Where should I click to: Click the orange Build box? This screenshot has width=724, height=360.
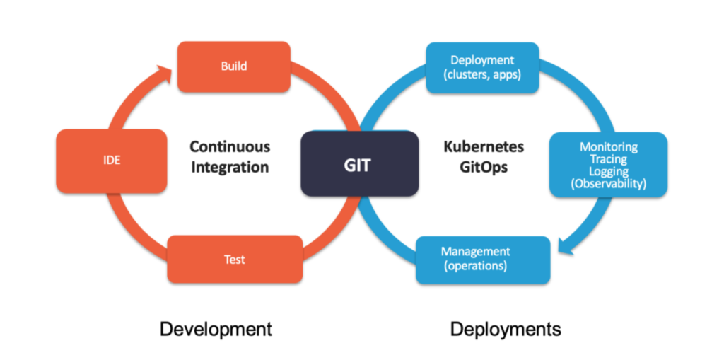pyautogui.click(x=233, y=66)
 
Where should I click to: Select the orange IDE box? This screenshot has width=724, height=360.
pyautogui.click(x=112, y=161)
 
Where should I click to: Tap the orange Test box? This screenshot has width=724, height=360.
pyautogui.click(x=233, y=260)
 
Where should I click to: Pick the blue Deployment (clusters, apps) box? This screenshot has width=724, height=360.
pyautogui.click(x=482, y=67)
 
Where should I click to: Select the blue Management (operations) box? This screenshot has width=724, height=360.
pyautogui.click(x=482, y=260)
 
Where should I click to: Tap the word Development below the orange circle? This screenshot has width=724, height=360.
pyautogui.click(x=216, y=329)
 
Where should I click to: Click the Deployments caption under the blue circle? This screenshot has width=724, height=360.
pyautogui.click(x=506, y=329)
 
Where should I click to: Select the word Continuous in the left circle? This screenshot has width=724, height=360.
pyautogui.click(x=230, y=147)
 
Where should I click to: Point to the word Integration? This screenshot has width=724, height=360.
pyautogui.click(x=230, y=168)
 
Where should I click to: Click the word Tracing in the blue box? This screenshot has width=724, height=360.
pyautogui.click(x=608, y=159)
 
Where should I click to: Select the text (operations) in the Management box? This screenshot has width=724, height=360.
pyautogui.click(x=475, y=267)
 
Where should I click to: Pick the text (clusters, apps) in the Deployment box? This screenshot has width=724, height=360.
pyautogui.click(x=482, y=74)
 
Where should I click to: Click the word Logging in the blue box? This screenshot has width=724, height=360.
pyautogui.click(x=608, y=172)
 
